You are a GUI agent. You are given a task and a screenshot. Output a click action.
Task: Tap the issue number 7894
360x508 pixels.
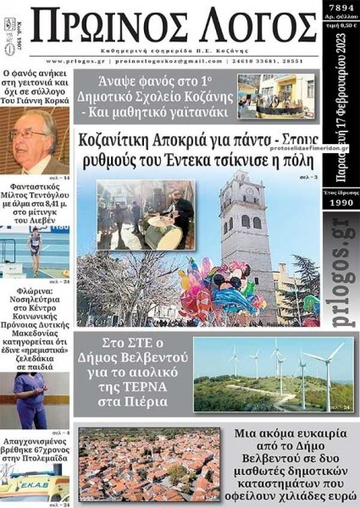coord(341,8)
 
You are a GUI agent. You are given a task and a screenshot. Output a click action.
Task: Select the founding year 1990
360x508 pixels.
coord(341,205)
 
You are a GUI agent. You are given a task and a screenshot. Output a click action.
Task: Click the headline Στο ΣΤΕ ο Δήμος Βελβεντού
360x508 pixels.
coord(132,373)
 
